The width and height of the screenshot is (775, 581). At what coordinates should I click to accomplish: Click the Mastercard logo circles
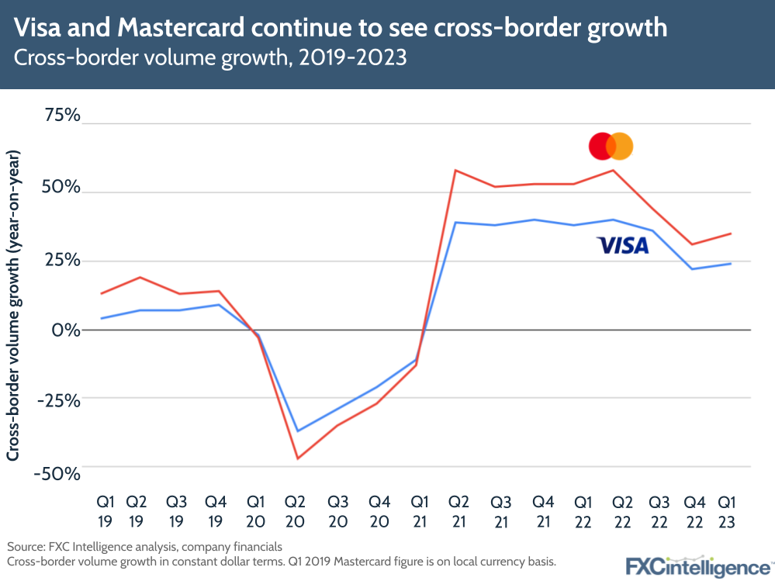pos(611,146)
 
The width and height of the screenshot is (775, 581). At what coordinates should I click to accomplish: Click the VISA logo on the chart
pos(622,246)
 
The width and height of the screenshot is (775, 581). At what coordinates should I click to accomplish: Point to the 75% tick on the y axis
pos(61,116)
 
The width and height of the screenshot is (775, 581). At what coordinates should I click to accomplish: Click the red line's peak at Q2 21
pos(455,170)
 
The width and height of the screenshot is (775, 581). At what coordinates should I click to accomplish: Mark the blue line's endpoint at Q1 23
pos(731,264)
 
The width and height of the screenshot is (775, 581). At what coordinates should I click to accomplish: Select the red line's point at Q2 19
pos(140,277)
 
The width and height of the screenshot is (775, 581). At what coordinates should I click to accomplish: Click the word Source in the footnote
pos(24,545)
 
